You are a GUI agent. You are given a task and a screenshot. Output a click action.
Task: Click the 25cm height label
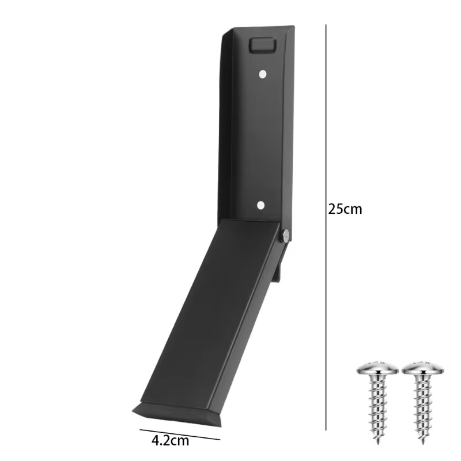[x=345, y=209]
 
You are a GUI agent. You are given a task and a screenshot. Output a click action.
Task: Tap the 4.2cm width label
[x=170, y=441]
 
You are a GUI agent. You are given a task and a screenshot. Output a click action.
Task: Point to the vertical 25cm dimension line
[x=326, y=144]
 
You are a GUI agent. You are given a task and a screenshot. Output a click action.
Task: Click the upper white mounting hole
[x=262, y=74]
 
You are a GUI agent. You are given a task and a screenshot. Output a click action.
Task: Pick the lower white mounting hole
[x=260, y=205]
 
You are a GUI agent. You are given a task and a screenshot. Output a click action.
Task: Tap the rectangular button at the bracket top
[x=262, y=45]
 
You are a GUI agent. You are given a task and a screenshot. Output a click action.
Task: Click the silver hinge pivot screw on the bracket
[x=285, y=234]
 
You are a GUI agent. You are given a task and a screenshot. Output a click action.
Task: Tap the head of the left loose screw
[x=376, y=369]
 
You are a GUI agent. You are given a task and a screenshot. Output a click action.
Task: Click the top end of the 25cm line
[x=326, y=25]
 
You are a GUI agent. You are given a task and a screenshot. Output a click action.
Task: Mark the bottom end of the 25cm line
[x=326, y=429]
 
